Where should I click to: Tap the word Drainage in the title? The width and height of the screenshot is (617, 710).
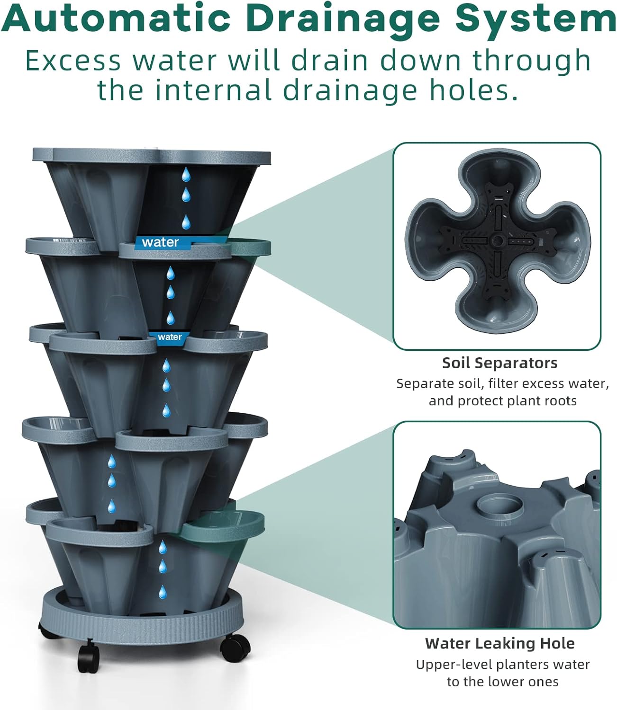pos(343,20)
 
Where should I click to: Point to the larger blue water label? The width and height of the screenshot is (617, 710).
pos(161,242)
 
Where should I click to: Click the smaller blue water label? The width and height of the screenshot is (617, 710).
pos(170,337)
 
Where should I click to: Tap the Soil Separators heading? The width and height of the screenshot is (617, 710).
pos(499,363)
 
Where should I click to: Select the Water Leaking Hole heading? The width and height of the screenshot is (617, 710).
pos(499,643)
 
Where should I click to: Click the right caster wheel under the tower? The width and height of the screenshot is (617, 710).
pos(235,646)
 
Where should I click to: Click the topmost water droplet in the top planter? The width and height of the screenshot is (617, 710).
pos(187,175)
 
